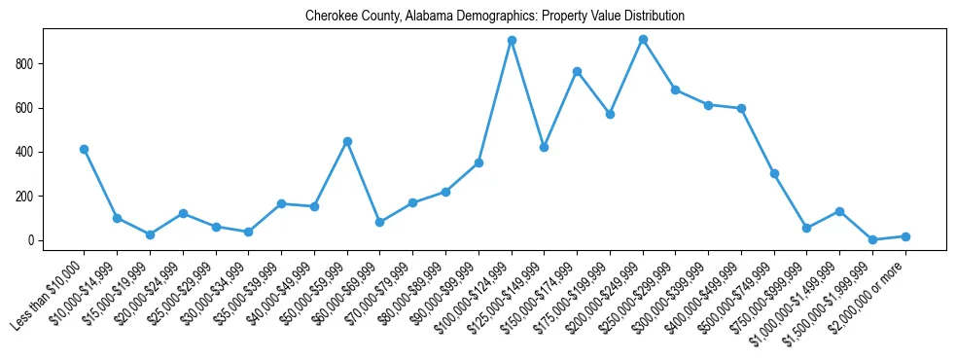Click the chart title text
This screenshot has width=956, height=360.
click(x=494, y=16)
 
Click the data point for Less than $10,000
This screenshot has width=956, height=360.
click(x=85, y=149)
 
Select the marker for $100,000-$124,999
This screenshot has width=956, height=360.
click(x=512, y=41)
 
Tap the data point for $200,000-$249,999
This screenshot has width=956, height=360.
click(x=643, y=39)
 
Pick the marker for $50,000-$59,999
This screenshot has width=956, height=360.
click(x=347, y=141)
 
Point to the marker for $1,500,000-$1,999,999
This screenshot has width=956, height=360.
click(x=872, y=239)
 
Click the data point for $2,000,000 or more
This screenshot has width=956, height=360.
click(x=905, y=236)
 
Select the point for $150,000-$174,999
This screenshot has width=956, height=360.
click(x=577, y=71)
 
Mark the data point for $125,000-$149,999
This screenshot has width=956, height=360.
click(x=545, y=147)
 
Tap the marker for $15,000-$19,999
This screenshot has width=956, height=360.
click(x=150, y=234)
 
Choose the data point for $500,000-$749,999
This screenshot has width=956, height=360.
click(x=774, y=173)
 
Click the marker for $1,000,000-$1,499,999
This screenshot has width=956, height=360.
click(x=839, y=211)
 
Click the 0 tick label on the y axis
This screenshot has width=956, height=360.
click(x=34, y=240)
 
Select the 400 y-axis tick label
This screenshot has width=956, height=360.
click(x=28, y=153)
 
